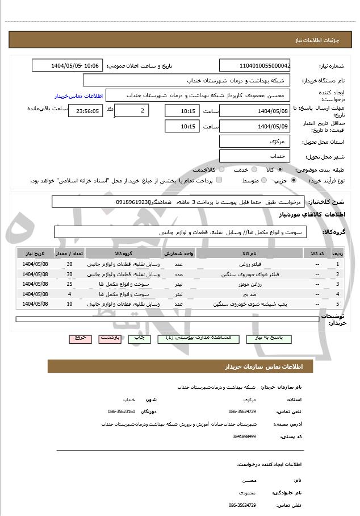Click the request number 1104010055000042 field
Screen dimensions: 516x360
[x=254, y=65]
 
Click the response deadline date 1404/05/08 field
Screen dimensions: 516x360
[x=254, y=110]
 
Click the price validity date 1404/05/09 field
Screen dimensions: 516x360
[x=254, y=126]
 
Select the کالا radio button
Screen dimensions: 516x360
[x=280, y=169]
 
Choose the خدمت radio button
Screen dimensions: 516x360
[x=253, y=169]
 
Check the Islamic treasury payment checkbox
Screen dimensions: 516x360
[x=219, y=180]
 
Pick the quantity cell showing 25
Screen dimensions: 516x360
[x=69, y=284]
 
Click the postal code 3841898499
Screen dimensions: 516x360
[x=244, y=436]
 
